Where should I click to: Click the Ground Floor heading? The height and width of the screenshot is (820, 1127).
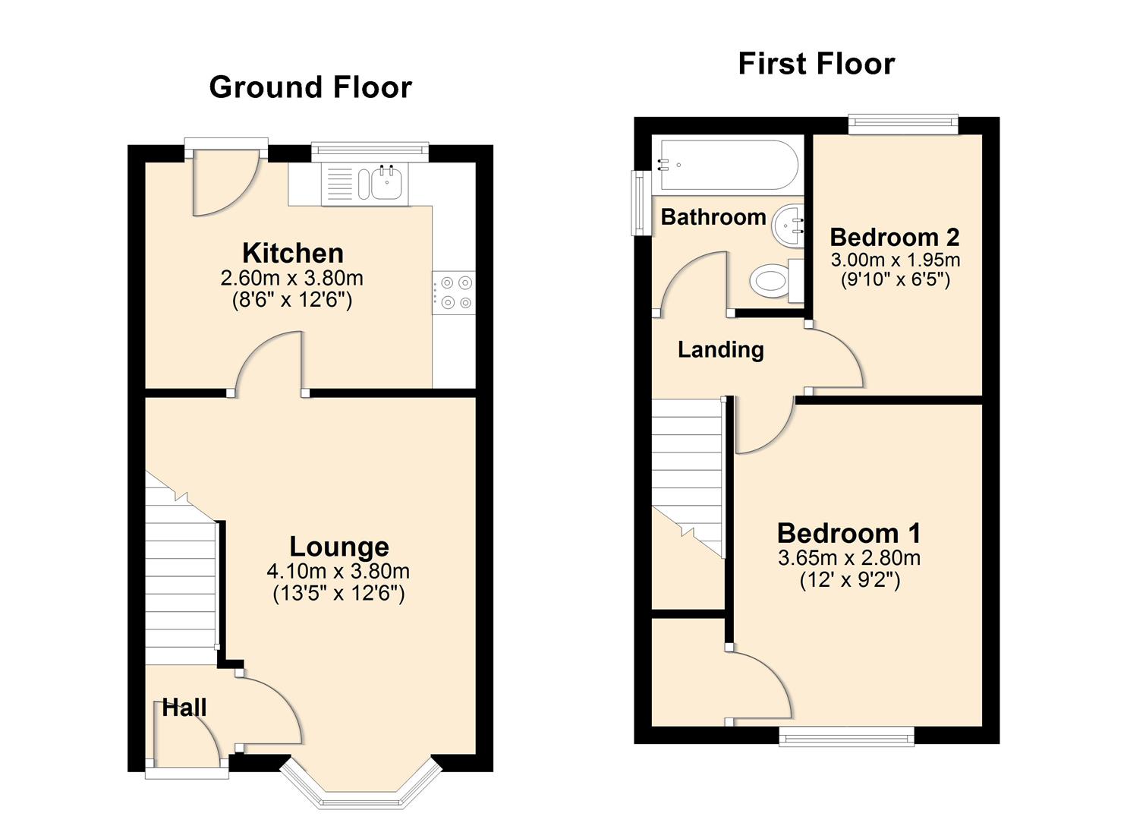click(x=310, y=87)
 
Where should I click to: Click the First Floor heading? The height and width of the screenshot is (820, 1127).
click(x=816, y=64)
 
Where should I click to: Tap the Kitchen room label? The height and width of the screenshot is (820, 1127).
click(x=292, y=253)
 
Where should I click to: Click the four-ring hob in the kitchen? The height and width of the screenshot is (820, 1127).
click(x=454, y=292)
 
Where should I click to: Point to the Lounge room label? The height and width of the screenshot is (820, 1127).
click(x=338, y=547)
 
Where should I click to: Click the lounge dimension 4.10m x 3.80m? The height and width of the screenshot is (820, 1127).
click(x=338, y=571)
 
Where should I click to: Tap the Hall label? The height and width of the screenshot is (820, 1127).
click(x=184, y=708)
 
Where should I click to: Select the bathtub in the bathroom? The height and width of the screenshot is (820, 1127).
click(x=727, y=164)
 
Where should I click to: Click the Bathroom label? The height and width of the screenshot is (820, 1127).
click(x=713, y=217)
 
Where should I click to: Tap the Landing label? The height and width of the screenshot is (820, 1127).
click(x=720, y=350)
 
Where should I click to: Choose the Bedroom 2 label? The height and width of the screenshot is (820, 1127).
click(x=894, y=237)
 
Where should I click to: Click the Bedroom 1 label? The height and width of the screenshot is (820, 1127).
click(x=848, y=533)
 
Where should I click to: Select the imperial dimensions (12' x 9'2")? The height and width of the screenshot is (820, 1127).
click(x=849, y=581)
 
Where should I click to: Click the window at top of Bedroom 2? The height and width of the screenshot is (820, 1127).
click(x=902, y=125)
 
